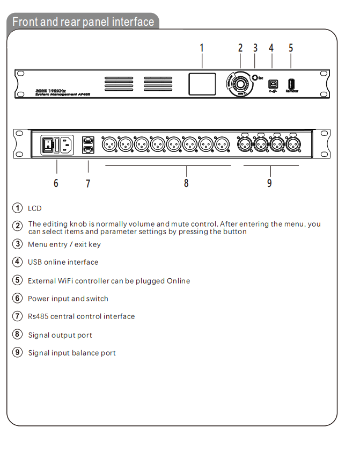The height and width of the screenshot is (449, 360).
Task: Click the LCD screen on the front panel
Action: pyautogui.click(x=202, y=85)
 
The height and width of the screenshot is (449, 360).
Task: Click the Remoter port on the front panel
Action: pyautogui.click(x=291, y=84)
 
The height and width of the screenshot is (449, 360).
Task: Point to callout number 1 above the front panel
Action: pyautogui.click(x=202, y=48)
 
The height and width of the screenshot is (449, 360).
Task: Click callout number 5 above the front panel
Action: pyautogui.click(x=291, y=48)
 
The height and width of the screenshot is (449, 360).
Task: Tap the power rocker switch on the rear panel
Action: pyautogui.click(x=48, y=143)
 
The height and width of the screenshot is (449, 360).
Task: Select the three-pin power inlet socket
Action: pyautogui.click(x=66, y=144)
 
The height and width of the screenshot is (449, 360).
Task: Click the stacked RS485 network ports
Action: pyautogui.click(x=87, y=144)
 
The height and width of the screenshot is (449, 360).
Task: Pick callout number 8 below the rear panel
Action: pyautogui.click(x=186, y=183)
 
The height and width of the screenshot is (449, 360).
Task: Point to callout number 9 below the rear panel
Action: pyautogui.click(x=269, y=183)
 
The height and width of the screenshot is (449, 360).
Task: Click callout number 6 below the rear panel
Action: pyautogui.click(x=56, y=183)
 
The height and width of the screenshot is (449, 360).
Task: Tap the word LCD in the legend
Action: pyautogui.click(x=34, y=208)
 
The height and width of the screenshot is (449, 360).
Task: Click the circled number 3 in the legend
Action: pyautogui.click(x=18, y=244)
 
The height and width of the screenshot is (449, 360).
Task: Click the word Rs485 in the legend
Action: pyautogui.click(x=37, y=316)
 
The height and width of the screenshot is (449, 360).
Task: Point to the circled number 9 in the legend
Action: pyautogui.click(x=18, y=353)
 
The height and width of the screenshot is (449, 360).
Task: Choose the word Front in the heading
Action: pyautogui.click(x=25, y=22)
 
